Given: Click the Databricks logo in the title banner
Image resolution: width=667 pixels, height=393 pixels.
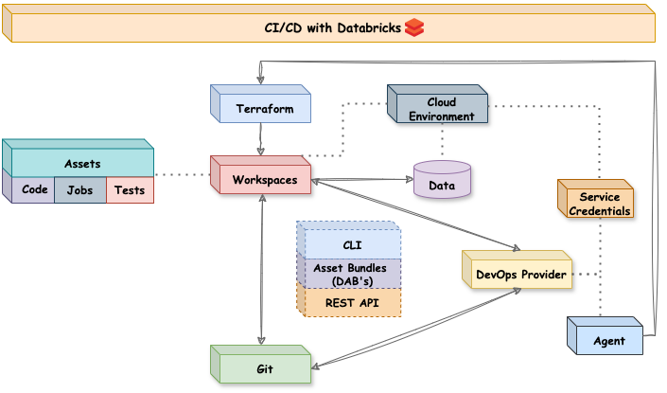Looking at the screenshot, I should coord(413,27).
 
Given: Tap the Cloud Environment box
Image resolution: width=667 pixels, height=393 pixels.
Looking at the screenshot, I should coord(437,109).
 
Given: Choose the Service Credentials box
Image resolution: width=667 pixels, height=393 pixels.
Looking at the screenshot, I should coord(594,204).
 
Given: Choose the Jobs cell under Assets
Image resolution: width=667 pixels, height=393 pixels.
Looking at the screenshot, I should coord(79,190).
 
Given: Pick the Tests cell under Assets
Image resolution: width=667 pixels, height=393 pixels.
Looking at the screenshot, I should coord(129,190).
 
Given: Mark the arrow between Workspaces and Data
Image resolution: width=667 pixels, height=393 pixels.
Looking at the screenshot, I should coord(362,179).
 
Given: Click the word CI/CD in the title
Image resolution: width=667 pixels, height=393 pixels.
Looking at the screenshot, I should coord(284,27).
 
